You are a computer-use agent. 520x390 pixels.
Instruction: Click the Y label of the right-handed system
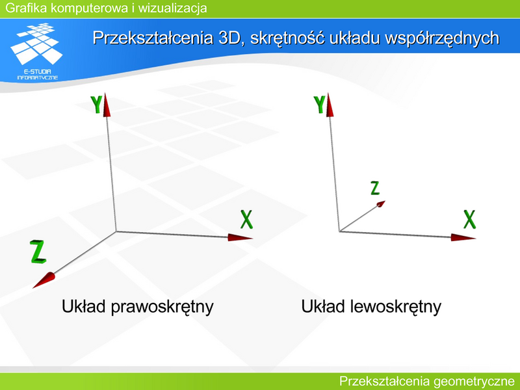(96, 105)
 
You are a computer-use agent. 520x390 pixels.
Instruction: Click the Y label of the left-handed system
(319, 105)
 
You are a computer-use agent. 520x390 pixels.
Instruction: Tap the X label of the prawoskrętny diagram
(246, 220)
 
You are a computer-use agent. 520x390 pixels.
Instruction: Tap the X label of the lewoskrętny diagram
(469, 220)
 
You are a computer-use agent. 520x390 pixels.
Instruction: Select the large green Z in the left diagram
(38, 252)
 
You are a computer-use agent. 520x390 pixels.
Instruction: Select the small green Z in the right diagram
(375, 188)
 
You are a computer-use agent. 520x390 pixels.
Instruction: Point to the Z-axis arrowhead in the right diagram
(381, 203)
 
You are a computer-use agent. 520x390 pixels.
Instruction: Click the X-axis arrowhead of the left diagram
(240, 237)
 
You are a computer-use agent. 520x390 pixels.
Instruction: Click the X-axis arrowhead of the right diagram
(463, 237)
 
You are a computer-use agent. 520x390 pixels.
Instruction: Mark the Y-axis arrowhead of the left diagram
(107, 105)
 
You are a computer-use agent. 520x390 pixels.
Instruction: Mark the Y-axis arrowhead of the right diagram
(330, 105)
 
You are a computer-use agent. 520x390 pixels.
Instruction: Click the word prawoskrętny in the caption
(162, 307)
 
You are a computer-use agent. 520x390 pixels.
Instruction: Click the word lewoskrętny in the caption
(396, 307)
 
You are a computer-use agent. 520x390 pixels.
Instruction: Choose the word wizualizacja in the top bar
(172, 8)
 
